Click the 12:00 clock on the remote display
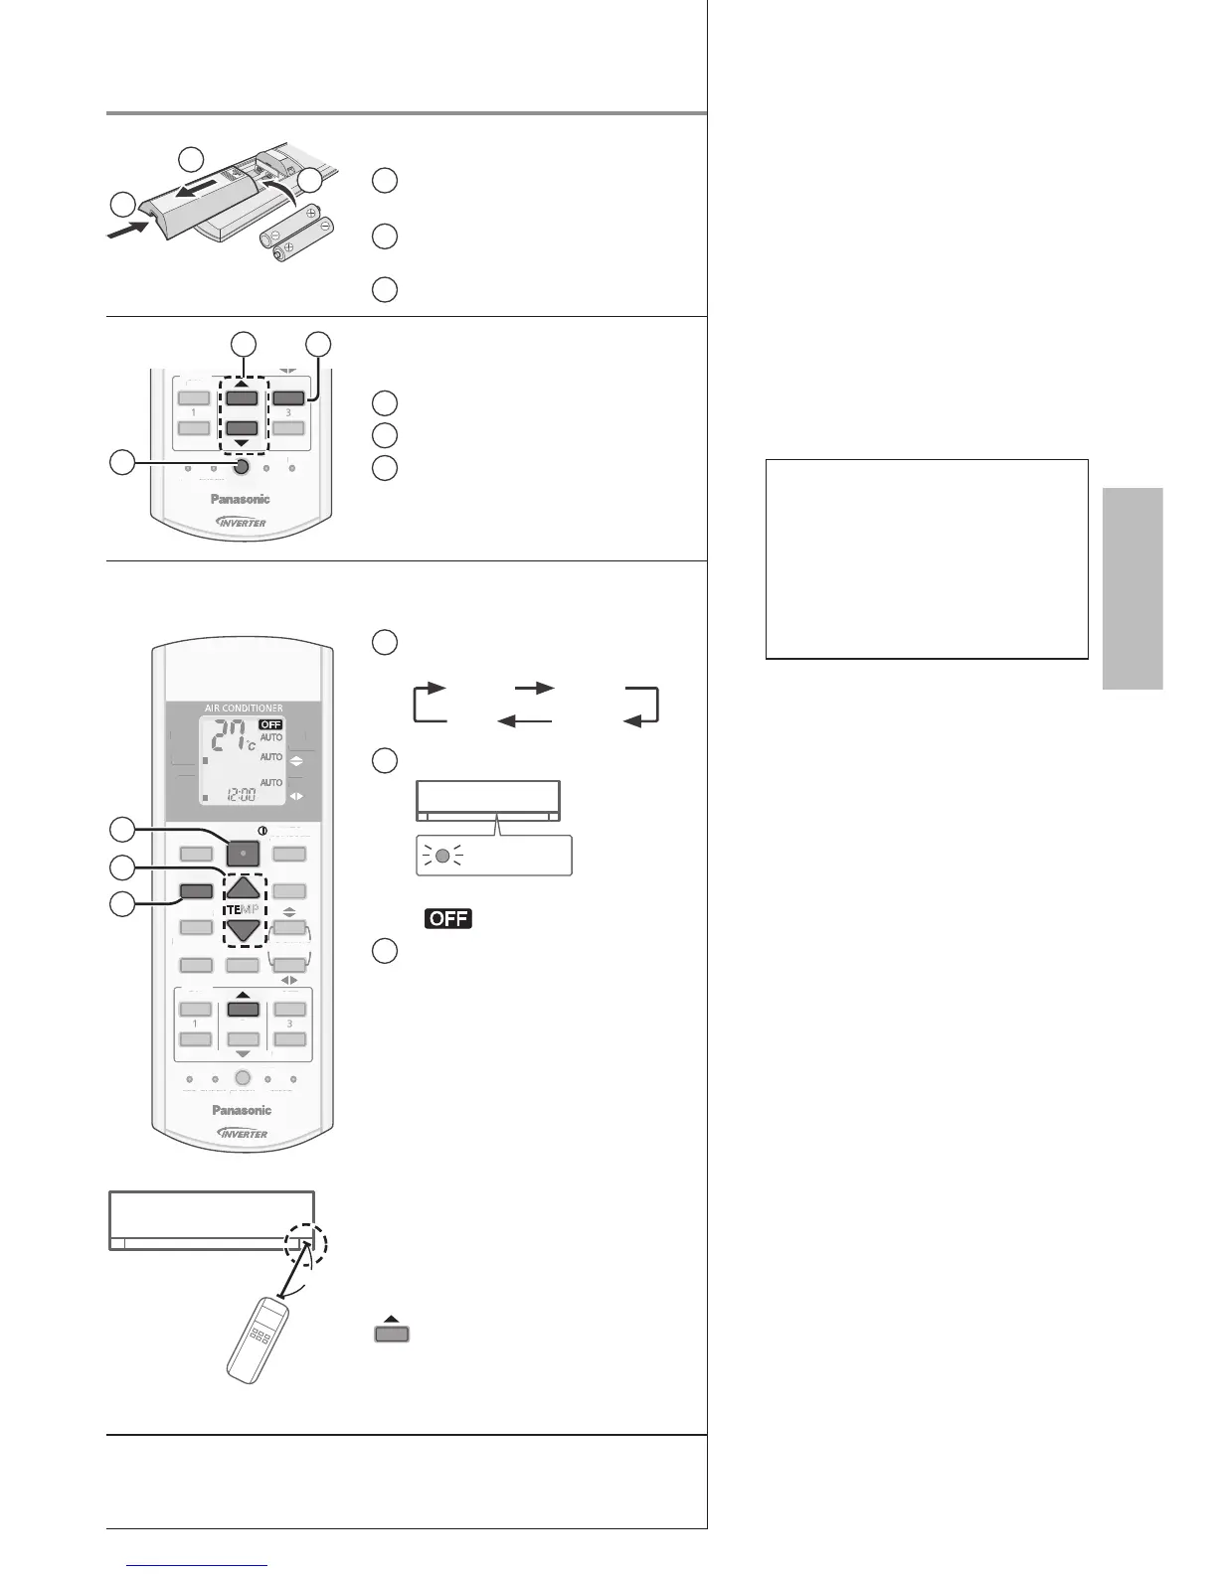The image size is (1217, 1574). pyautogui.click(x=243, y=795)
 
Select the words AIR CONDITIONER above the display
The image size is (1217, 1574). pyautogui.click(x=244, y=708)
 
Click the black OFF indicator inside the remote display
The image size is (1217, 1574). pyautogui.click(x=270, y=724)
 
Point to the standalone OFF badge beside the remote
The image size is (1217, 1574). pyautogui.click(x=448, y=918)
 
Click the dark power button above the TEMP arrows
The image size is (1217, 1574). pyautogui.click(x=243, y=853)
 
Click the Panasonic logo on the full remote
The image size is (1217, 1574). pyautogui.click(x=242, y=1110)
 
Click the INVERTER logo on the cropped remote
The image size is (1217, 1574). pyautogui.click(x=242, y=523)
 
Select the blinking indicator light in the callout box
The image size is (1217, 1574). pyautogui.click(x=443, y=856)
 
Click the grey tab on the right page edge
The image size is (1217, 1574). pyautogui.click(x=1131, y=588)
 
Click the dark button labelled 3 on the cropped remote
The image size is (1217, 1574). pyautogui.click(x=288, y=397)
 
